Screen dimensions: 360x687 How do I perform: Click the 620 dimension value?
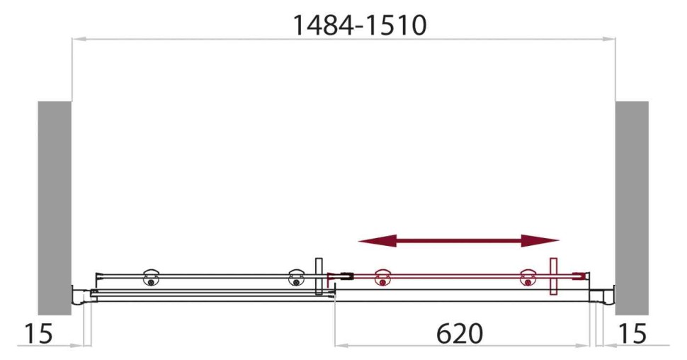tap(460, 334)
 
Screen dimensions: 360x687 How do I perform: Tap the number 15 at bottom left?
tap(36, 334)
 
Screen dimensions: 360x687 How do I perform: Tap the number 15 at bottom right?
tap(632, 334)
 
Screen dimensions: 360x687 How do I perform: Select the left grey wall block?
tap(55, 207)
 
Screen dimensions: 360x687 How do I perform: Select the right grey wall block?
tap(632, 207)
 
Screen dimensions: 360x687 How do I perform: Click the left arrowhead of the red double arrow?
tap(368, 241)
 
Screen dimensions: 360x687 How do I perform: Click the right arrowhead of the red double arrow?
tap(549, 241)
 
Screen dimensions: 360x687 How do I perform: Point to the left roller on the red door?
tap(383, 278)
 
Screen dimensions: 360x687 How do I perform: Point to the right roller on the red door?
tap(527, 278)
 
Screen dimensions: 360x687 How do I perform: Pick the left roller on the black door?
tap(151, 277)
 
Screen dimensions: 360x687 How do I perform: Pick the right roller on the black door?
tap(295, 277)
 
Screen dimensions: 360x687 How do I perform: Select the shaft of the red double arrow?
tap(459, 241)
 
